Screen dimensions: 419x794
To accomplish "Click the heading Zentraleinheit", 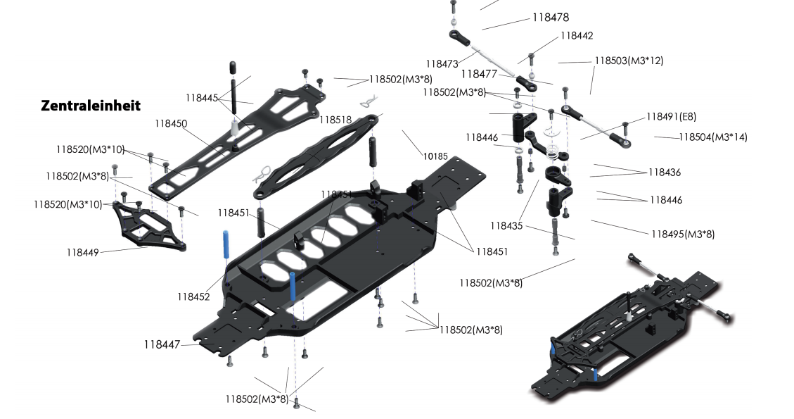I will [91, 106].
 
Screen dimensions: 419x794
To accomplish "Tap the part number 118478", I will [551, 18].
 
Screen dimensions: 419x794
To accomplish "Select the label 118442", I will [577, 36].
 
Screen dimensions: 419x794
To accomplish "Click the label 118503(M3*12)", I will [629, 61].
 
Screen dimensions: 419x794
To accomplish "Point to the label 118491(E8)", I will [671, 117].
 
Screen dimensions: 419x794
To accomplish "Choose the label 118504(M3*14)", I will [713, 137].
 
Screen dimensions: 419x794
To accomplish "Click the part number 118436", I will [665, 173].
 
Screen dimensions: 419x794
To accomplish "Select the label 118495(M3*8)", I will [688, 234].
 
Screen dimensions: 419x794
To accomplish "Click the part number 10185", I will [435, 156].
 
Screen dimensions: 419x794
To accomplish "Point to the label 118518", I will [335, 120].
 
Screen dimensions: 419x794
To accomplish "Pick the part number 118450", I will [171, 124].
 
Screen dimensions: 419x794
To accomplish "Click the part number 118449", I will [84, 252].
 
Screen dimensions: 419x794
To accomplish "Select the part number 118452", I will [193, 297].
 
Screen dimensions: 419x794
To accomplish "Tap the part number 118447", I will [162, 344].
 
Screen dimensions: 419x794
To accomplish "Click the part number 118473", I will [442, 63].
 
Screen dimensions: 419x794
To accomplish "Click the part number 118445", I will [202, 99].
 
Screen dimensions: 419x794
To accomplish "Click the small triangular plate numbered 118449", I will [149, 226].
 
